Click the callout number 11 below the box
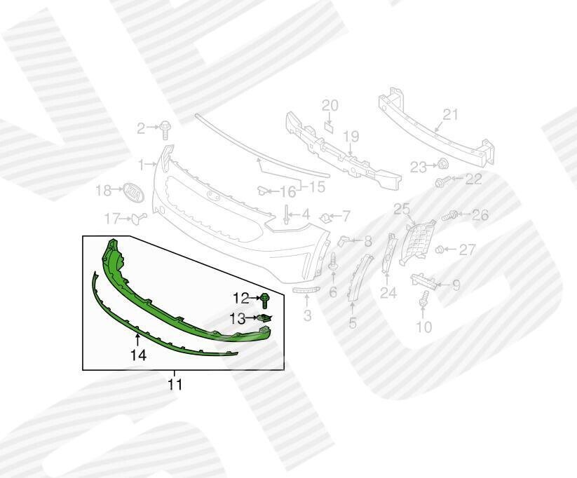175,385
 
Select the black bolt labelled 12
265,300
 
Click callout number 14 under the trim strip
138,355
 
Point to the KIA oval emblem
133,193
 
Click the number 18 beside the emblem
103,191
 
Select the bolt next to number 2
165,131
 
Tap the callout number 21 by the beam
449,115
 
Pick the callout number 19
351,137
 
